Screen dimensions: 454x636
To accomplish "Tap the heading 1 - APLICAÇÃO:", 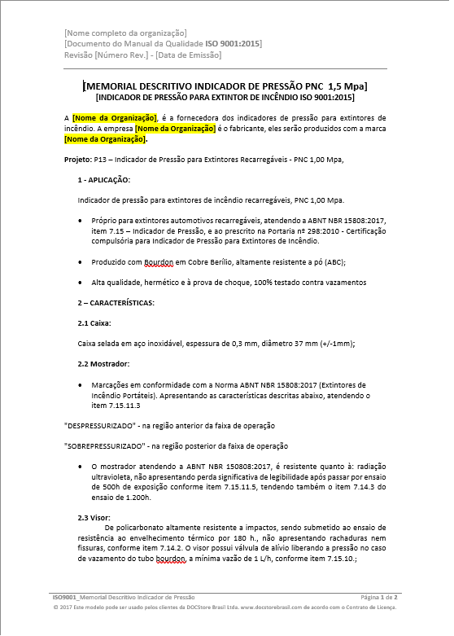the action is [103, 178].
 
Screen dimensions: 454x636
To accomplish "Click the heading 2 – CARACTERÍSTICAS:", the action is [116, 303].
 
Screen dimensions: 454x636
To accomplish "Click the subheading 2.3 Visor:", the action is [94, 517].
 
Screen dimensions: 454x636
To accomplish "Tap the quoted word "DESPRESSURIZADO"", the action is [100, 425].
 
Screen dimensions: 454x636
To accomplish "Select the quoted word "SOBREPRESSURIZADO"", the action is [105, 445].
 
